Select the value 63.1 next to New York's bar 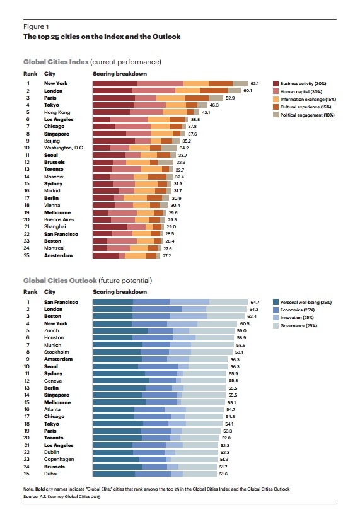[255, 83]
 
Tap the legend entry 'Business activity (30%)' [301, 83]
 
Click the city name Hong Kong [57, 112]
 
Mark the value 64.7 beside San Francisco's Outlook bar [255, 303]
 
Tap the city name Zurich [52, 330]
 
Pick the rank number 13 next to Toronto [27, 170]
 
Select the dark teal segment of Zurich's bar [120, 330]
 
